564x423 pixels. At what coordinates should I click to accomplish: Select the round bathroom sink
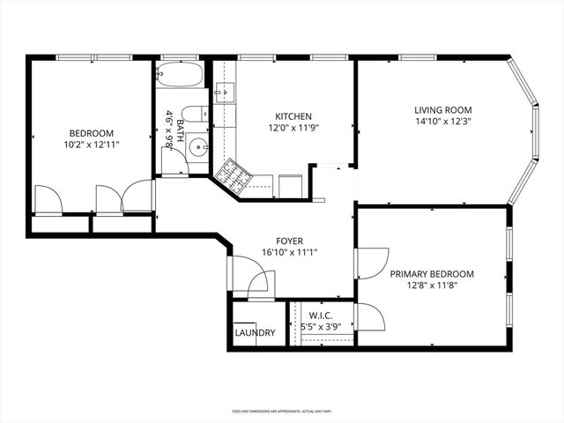198,147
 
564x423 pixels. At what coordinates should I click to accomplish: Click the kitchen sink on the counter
223,90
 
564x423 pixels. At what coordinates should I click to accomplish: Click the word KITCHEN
293,116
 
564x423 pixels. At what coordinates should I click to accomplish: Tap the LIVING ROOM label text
444,110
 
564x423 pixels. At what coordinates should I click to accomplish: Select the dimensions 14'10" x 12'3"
444,122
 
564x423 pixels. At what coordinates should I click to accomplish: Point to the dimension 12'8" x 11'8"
432,286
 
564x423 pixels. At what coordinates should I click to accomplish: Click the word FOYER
289,239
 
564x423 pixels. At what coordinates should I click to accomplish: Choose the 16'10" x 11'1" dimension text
289,251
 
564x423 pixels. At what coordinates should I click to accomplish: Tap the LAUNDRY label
255,333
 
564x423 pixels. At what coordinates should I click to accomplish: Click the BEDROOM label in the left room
92,134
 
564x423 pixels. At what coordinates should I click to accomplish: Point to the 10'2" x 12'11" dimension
92,146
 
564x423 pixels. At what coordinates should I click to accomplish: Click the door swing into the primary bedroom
373,263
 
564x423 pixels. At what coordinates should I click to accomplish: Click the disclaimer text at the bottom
282,411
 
